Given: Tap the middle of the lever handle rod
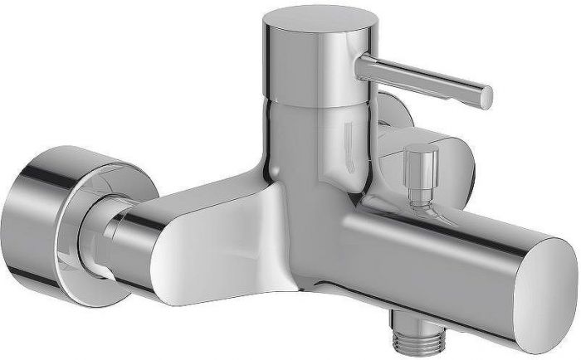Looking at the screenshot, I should [423, 80].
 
